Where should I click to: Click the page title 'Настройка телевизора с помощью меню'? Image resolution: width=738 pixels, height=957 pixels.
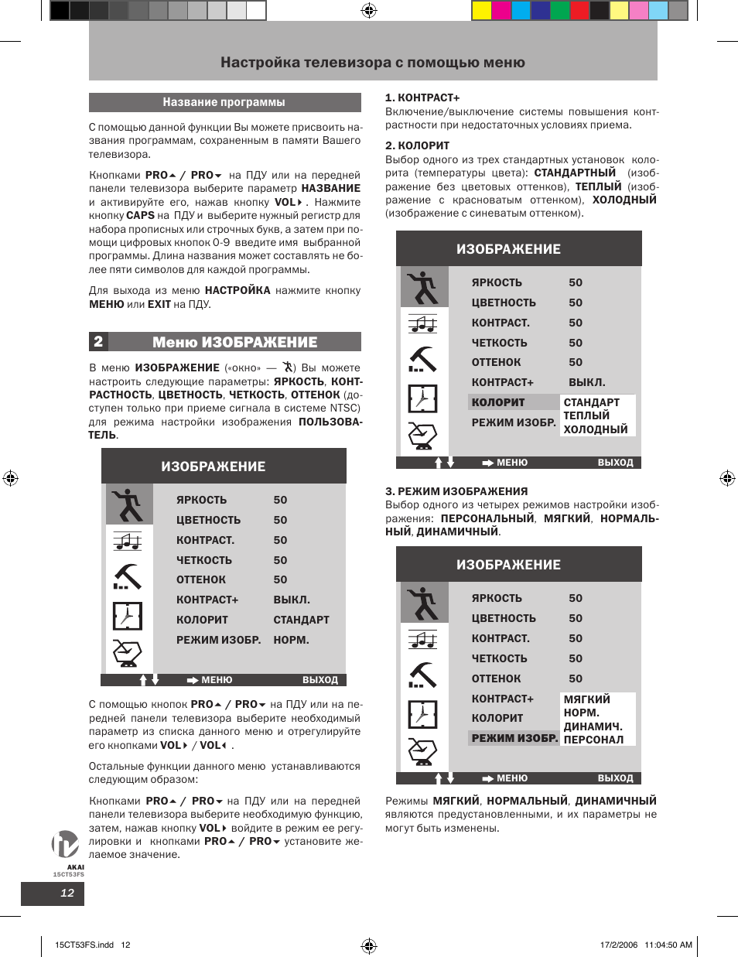click(372, 63)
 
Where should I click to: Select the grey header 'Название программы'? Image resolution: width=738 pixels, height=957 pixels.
click(224, 102)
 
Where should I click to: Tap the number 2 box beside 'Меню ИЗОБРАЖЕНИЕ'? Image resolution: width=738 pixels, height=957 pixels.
click(98, 341)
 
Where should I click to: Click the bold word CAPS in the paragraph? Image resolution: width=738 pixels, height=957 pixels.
click(140, 216)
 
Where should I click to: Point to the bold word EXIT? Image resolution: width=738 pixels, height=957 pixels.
click(159, 304)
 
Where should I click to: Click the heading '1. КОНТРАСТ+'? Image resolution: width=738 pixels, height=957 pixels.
click(422, 97)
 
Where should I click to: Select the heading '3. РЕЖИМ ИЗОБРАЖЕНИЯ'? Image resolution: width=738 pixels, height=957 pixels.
click(456, 491)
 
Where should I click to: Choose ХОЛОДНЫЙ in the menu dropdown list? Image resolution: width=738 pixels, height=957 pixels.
click(596, 429)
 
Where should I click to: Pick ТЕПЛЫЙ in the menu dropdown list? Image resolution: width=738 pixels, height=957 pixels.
click(586, 415)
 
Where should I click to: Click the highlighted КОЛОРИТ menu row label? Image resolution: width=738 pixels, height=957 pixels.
click(498, 402)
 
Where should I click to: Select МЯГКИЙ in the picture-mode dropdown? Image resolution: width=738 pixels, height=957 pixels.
click(587, 699)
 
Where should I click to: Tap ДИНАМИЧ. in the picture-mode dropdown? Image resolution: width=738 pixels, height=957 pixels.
click(593, 726)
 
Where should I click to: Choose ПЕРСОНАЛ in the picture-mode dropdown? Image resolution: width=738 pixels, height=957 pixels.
click(593, 740)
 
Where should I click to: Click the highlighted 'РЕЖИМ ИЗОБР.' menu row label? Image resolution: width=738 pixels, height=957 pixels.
click(514, 738)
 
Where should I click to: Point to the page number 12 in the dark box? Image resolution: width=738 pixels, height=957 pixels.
click(67, 893)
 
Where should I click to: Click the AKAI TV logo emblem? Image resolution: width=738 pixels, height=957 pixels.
click(65, 844)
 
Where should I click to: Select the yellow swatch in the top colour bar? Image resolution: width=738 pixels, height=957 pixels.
click(481, 10)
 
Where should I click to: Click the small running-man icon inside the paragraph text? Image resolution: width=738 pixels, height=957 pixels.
click(289, 367)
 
